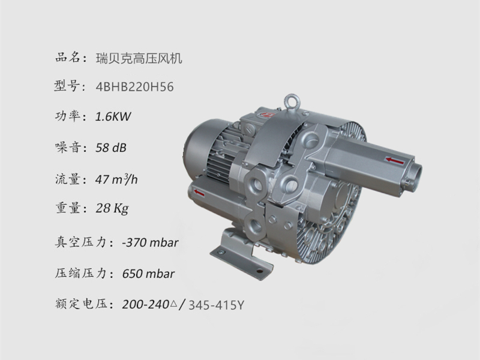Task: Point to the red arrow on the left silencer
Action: (200, 193)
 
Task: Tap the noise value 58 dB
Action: (112, 148)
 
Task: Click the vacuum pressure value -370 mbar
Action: (149, 243)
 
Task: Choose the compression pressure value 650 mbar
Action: (148, 274)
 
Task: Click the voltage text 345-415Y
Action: (217, 305)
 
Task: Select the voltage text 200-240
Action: (146, 305)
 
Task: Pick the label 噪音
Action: (66, 148)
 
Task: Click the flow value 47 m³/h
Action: (118, 178)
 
